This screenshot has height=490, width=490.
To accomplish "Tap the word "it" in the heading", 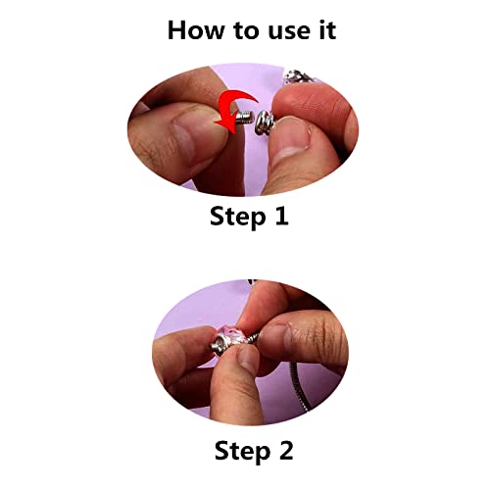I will click(x=324, y=29).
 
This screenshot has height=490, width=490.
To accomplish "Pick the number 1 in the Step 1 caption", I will click(x=281, y=216).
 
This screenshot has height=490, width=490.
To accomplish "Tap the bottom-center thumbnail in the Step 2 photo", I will click(x=235, y=362).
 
